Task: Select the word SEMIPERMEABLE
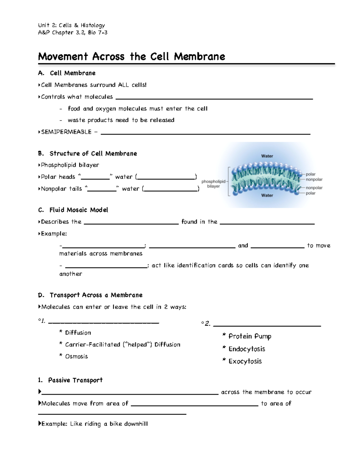(66, 132)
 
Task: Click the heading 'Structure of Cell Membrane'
(93, 154)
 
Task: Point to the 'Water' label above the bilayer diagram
(267, 156)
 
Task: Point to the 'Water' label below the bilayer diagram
(267, 195)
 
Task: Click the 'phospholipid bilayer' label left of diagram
(213, 184)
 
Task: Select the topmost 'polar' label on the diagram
(310, 174)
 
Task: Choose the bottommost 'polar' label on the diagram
(310, 193)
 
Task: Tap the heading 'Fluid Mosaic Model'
(79, 210)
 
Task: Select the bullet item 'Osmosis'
(76, 356)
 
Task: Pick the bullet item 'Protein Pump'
(250, 336)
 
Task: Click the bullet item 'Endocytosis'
(247, 349)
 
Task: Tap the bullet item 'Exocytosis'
(245, 361)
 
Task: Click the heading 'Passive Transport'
(75, 380)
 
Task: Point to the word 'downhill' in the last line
(136, 424)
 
